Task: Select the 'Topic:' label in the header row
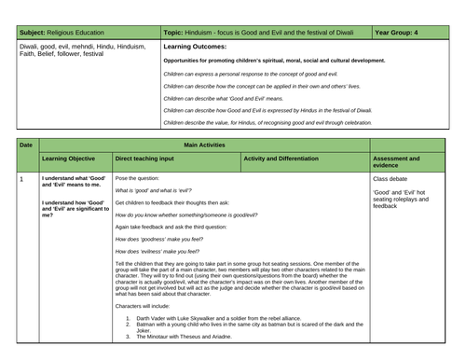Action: [x=177, y=31]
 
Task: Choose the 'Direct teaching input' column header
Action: [x=153, y=159]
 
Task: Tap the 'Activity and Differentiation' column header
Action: [x=288, y=159]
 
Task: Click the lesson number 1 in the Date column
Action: [x=21, y=177]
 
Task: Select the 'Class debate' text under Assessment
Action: [x=392, y=177]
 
